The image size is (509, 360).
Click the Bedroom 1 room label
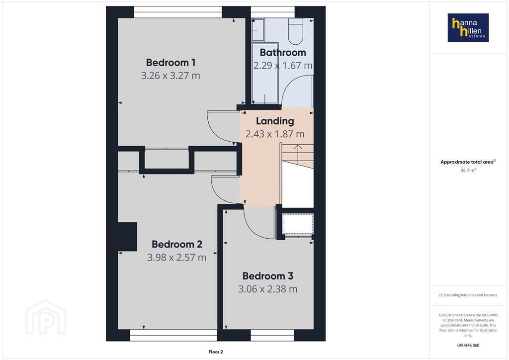click(x=170, y=62)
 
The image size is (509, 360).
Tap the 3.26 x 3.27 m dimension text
click(x=170, y=76)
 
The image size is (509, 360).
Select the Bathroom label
click(x=283, y=52)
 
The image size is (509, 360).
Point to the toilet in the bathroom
click(x=296, y=31)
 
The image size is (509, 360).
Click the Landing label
click(x=275, y=121)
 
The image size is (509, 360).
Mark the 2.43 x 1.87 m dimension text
click(x=275, y=134)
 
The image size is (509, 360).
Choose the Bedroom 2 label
click(x=177, y=244)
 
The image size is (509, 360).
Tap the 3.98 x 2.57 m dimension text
click(x=176, y=258)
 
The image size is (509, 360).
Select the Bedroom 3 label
click(x=268, y=276)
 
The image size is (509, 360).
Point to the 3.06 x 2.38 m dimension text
click(x=267, y=289)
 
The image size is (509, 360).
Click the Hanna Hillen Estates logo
click(x=468, y=27)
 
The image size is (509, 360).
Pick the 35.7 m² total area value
click(x=468, y=171)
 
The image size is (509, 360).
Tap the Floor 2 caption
click(x=216, y=352)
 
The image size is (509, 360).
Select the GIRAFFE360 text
click(x=468, y=345)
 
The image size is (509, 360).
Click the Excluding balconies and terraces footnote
click(x=468, y=295)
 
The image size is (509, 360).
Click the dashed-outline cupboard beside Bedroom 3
click(x=298, y=224)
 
